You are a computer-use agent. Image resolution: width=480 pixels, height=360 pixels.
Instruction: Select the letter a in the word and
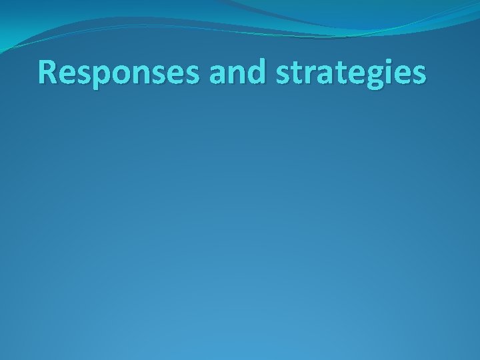tap(218, 75)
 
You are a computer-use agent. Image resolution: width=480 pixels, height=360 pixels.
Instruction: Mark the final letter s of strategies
tap(418, 75)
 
